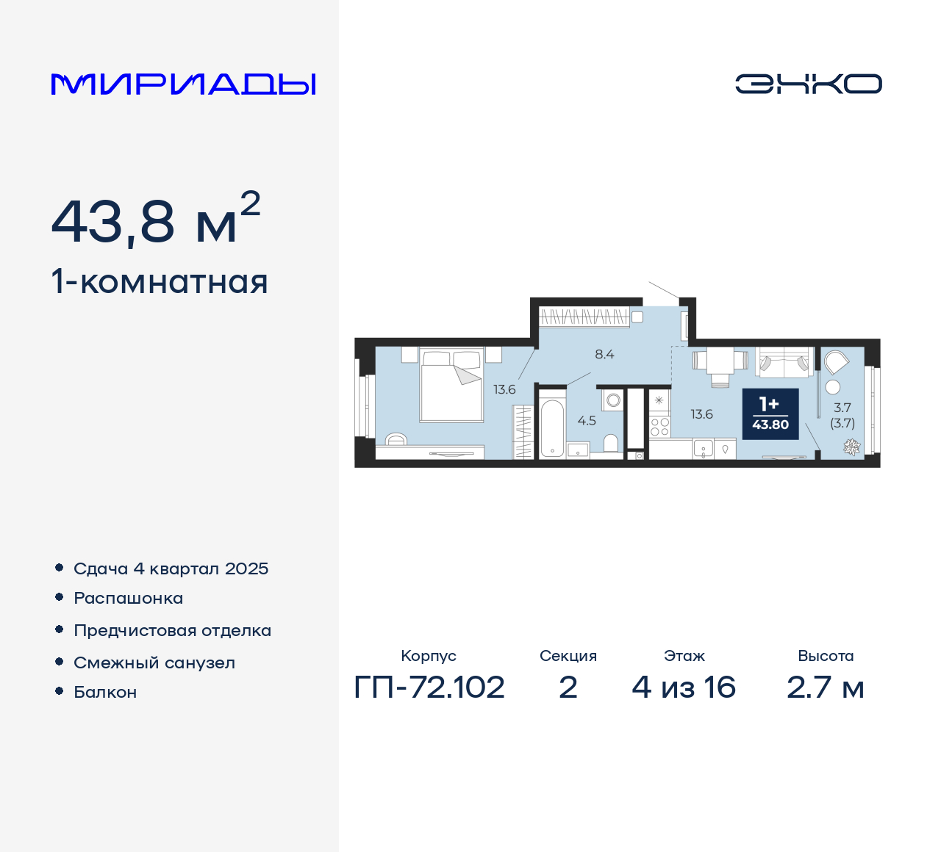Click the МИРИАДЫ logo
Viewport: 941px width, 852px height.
coord(183,84)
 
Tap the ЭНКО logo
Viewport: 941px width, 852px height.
coord(808,84)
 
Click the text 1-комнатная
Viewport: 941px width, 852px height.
coord(160,282)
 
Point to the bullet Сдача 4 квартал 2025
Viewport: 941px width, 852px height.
coord(171,568)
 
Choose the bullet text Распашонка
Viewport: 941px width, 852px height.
coord(128,598)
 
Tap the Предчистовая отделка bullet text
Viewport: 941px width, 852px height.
coord(172,630)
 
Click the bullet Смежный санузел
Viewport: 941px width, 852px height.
coord(154,663)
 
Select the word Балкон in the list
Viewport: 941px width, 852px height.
coord(105,692)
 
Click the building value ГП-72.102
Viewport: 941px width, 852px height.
coord(429,687)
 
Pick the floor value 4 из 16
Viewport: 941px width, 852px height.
coord(684,687)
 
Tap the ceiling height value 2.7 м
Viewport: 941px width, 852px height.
coord(825,687)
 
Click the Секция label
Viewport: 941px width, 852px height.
coord(568,656)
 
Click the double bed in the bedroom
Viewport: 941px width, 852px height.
coord(451,386)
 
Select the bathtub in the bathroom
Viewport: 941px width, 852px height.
coord(552,428)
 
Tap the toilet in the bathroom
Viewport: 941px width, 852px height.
coord(611,442)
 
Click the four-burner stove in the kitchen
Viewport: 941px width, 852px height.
coord(659,427)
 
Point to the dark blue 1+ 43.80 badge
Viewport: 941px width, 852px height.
coord(770,414)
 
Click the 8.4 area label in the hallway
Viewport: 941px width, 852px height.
coord(604,354)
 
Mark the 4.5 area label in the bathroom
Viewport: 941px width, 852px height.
coord(587,421)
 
